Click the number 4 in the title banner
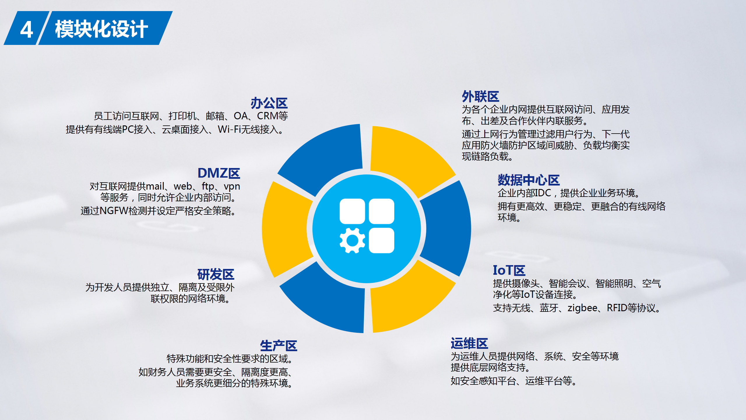point(27,29)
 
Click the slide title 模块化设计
point(101,29)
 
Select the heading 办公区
point(269,103)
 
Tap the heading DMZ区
point(219,173)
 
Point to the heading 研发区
point(216,274)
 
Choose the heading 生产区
point(278,346)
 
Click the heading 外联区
point(480,97)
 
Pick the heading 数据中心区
point(529,180)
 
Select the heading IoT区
point(509,270)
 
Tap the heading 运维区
point(469,344)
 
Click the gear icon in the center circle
point(352,240)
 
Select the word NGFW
point(114,211)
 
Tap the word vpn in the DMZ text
point(232,186)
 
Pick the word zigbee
point(582,308)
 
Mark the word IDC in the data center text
point(543,193)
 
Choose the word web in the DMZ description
point(183,186)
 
